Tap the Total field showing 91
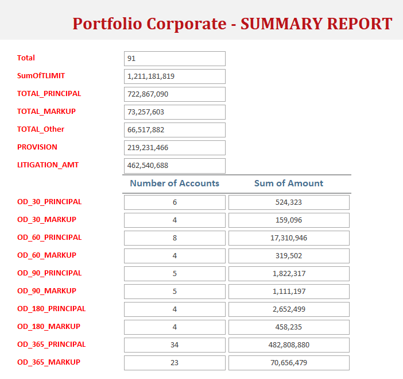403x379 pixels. click(x=175, y=59)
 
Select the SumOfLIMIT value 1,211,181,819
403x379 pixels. click(x=175, y=76)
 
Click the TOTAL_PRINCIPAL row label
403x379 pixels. click(x=49, y=93)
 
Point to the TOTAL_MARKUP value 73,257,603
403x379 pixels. click(x=175, y=112)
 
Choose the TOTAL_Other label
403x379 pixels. click(x=41, y=129)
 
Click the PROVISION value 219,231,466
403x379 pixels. click(x=175, y=148)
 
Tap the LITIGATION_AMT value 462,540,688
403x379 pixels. click(x=175, y=166)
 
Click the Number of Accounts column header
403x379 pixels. click(x=175, y=183)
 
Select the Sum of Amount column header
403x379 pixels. click(x=289, y=183)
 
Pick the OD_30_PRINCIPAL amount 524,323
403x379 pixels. click(x=289, y=202)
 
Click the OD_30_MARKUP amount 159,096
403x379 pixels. click(x=289, y=220)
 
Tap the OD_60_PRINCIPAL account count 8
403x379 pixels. click(x=175, y=238)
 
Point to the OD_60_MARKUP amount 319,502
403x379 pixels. click(x=289, y=256)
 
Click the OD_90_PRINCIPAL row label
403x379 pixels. click(x=49, y=273)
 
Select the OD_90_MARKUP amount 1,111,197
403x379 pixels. click(x=289, y=292)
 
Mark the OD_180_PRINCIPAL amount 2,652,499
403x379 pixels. click(x=289, y=309)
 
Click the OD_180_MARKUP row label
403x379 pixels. click(x=49, y=326)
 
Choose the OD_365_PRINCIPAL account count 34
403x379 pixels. click(x=175, y=345)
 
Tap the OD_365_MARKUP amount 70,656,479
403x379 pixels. click(x=289, y=363)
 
